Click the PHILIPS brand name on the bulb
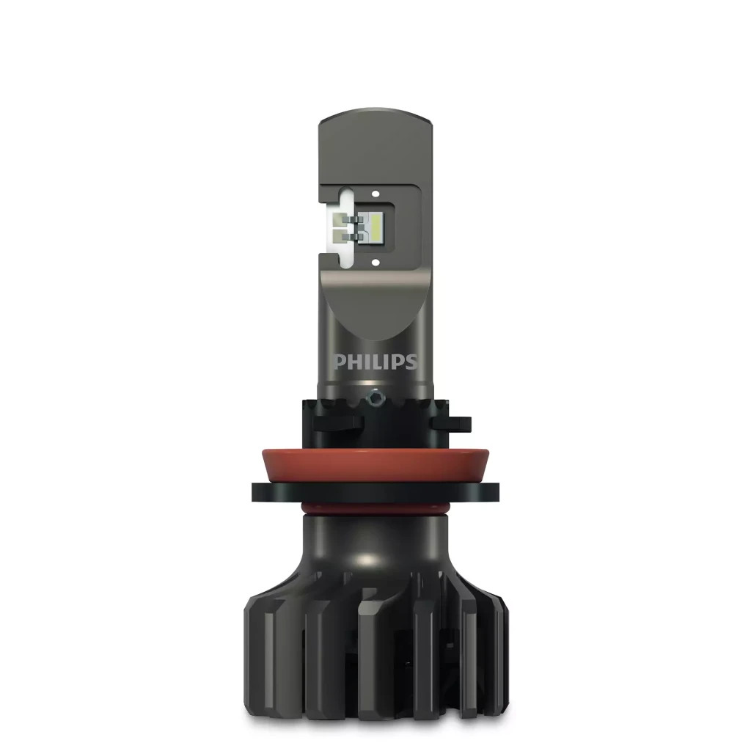coord(375,362)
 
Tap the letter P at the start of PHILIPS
coord(340,362)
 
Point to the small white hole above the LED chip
coord(375,195)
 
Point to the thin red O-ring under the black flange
coord(375,507)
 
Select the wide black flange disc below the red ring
coord(375,491)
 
